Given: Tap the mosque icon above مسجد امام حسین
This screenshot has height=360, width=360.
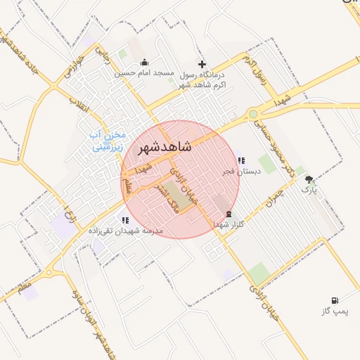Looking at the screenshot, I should click(145, 62).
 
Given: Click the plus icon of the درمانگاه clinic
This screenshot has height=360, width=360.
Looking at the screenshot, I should click(202, 64).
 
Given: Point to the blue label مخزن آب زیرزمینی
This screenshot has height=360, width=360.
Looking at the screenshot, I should click(110, 141).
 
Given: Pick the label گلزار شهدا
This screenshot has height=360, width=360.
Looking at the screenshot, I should click(229, 224).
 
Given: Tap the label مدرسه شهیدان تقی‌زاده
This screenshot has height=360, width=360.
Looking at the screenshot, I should click(125, 230).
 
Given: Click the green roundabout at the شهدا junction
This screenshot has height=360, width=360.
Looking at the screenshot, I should click(252, 114).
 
